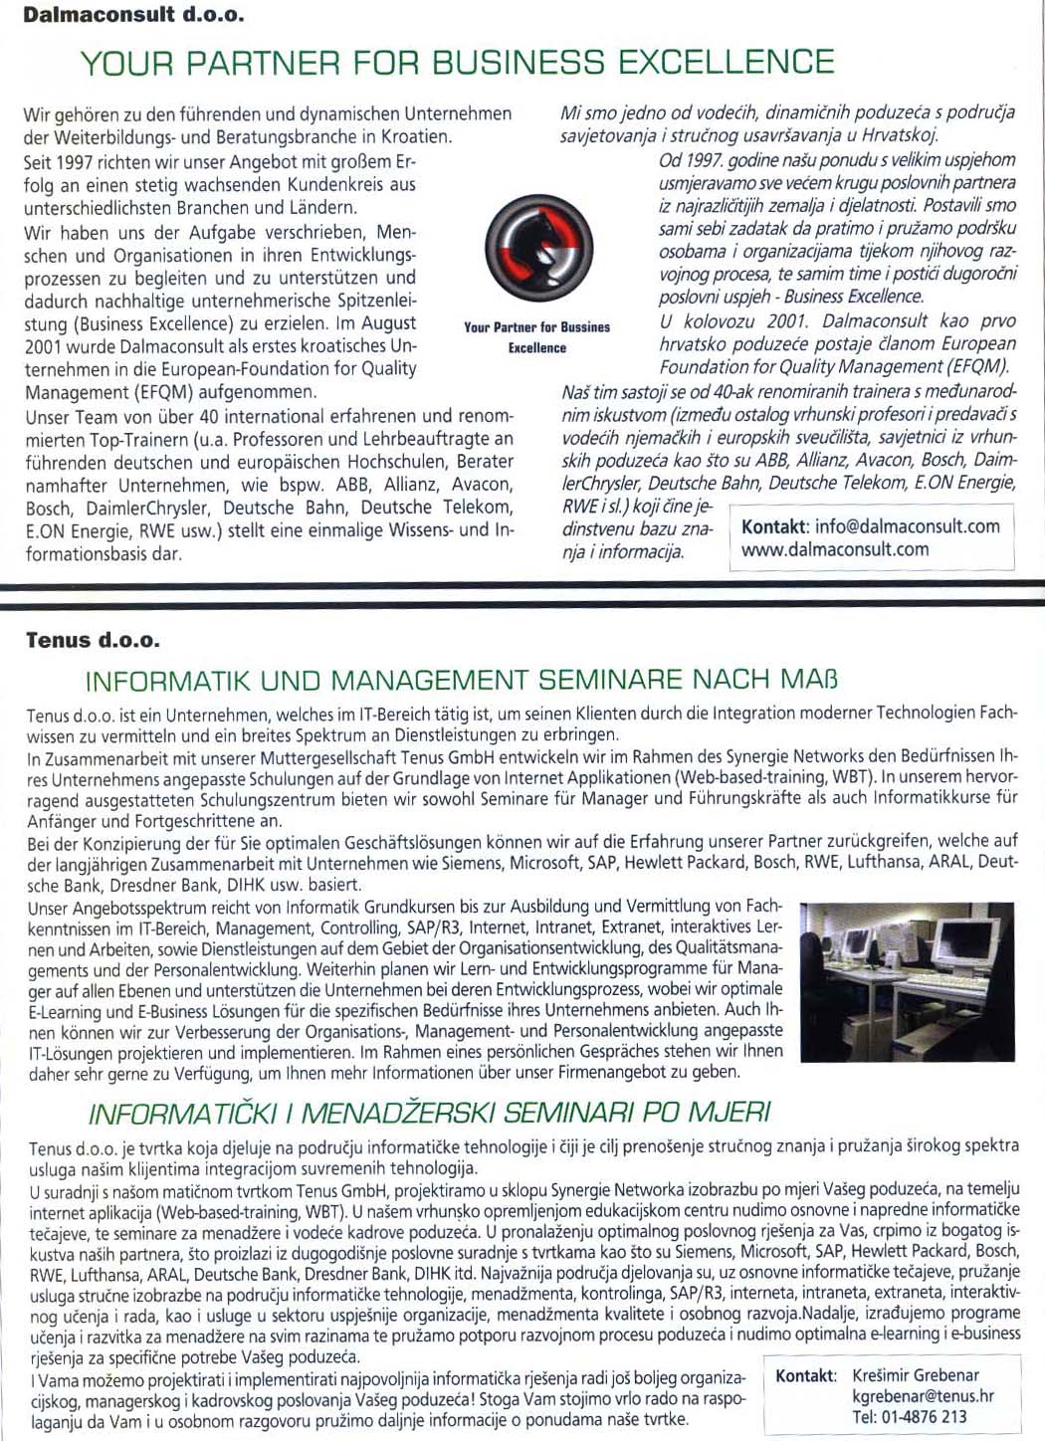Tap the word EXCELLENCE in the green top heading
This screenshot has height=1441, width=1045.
[726, 63]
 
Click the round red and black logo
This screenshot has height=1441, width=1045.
[538, 246]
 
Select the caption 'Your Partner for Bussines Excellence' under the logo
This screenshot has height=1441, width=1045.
[537, 337]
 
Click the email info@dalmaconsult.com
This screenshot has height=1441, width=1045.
[907, 526]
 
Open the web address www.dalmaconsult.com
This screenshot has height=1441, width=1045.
[835, 549]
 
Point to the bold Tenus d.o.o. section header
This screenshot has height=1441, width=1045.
[93, 640]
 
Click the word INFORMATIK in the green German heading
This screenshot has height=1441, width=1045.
[168, 682]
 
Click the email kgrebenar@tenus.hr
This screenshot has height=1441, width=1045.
[923, 1396]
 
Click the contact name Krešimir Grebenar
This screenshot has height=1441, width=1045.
[916, 1375]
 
